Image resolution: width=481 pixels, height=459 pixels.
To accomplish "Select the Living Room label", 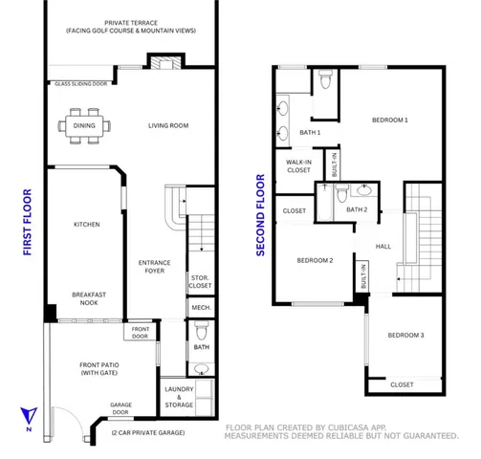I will pos(167,125).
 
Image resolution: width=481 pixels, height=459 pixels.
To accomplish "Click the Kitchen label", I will pos(87,225).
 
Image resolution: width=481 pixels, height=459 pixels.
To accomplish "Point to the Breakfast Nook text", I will pos(87,298).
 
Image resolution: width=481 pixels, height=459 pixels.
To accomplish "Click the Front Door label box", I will pos(141,332).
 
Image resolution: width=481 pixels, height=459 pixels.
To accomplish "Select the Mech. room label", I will pos(200,308).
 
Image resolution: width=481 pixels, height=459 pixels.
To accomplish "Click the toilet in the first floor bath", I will pos(200,331).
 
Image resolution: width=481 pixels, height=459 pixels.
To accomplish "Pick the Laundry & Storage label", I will pos(179,397).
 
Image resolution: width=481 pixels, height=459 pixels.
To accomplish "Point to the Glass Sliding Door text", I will pos(80,83).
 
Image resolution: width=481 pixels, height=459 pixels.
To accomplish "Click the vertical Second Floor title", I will pos(259,214).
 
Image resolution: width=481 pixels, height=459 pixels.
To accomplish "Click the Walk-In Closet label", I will pos(297,167).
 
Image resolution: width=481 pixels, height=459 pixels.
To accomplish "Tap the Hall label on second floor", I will pos(383,246).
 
